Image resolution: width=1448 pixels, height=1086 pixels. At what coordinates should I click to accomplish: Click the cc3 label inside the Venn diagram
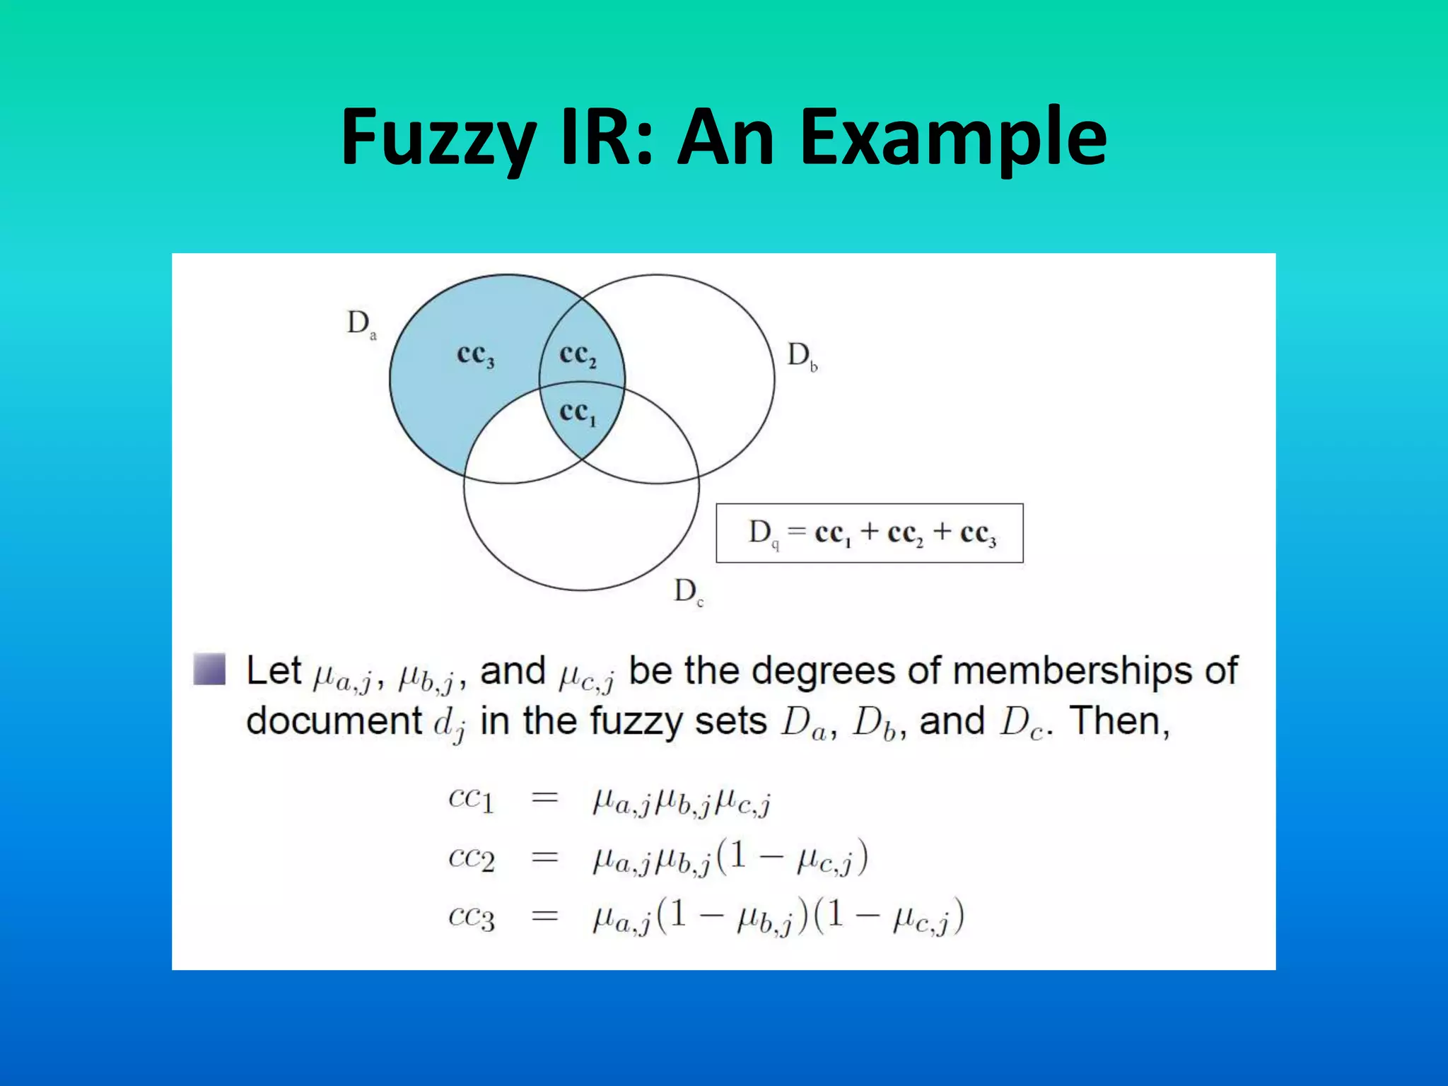(x=476, y=355)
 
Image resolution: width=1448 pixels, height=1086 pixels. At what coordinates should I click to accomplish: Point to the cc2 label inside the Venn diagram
(x=578, y=355)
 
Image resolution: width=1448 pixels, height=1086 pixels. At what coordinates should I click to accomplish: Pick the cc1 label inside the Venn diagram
(x=578, y=413)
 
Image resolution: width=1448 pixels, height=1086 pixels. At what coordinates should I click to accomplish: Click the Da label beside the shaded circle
(x=361, y=325)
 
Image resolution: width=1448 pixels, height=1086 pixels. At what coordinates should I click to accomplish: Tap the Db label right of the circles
(x=802, y=356)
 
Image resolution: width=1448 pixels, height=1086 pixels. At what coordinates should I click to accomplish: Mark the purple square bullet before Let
(x=209, y=669)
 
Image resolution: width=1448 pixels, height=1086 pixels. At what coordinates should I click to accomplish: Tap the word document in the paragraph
(x=334, y=722)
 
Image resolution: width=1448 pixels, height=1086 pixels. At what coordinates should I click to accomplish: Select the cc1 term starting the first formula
(x=471, y=800)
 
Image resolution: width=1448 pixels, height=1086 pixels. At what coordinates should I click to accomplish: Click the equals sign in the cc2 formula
(x=544, y=858)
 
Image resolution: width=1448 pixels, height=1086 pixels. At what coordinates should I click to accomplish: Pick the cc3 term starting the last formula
(x=471, y=917)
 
